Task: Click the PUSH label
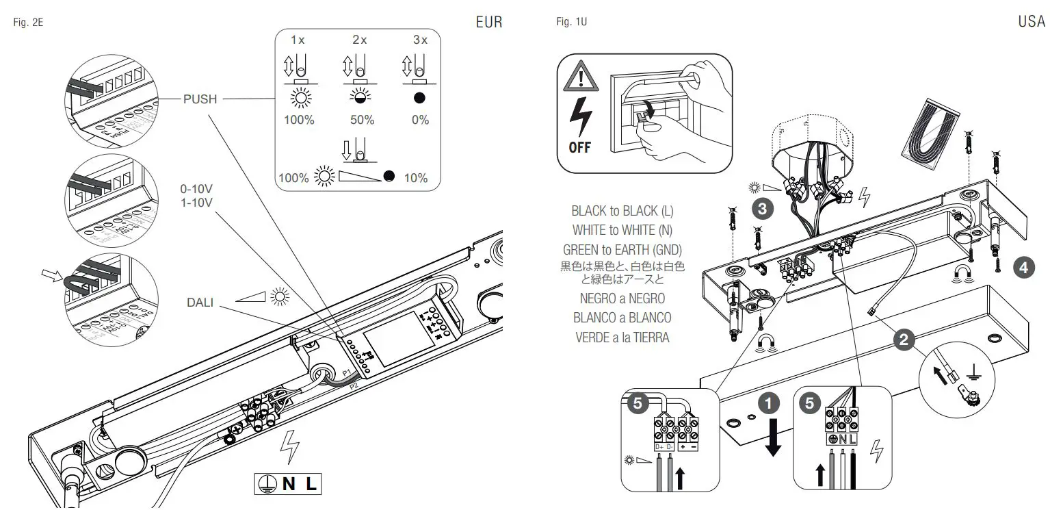click(200, 99)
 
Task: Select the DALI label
click(200, 302)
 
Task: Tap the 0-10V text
click(195, 188)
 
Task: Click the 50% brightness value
click(362, 120)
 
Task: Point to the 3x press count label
click(420, 40)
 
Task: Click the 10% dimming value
click(416, 178)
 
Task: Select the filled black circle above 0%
click(420, 98)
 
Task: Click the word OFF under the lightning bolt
click(579, 147)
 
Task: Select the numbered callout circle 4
click(1023, 268)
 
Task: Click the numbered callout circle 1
click(772, 405)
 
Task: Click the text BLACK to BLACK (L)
click(622, 212)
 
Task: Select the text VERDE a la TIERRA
click(622, 337)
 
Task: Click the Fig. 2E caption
click(29, 23)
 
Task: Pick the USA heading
click(1031, 22)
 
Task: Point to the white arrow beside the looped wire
click(50, 275)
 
